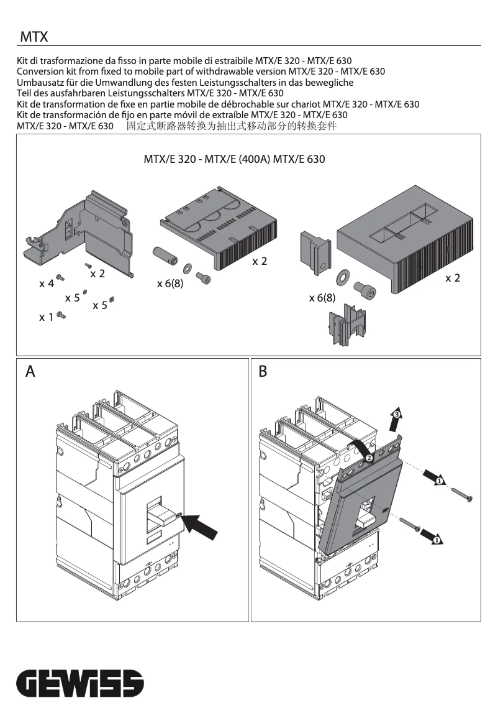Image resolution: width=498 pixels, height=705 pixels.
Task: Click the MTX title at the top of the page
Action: (x=34, y=38)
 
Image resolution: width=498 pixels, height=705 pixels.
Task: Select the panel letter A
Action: (x=30, y=372)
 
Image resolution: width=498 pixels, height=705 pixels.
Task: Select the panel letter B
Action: (x=263, y=372)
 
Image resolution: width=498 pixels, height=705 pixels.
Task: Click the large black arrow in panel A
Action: (x=202, y=525)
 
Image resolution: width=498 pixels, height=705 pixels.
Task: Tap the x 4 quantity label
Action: (x=47, y=284)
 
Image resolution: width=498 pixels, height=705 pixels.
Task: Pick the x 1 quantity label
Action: (x=47, y=318)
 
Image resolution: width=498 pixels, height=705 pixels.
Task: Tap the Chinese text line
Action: (x=231, y=126)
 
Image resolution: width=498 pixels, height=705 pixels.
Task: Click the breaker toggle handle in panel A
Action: (x=163, y=513)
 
